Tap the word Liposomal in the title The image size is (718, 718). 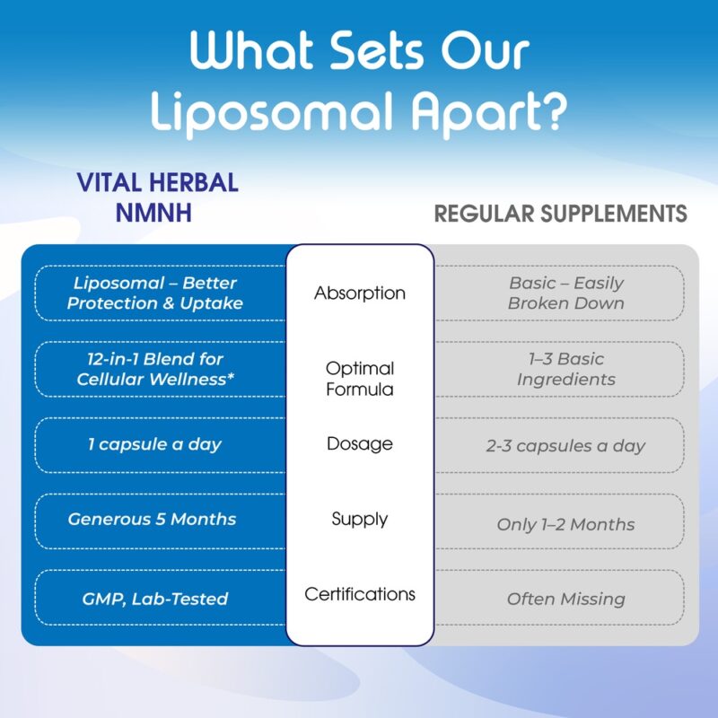[273, 113]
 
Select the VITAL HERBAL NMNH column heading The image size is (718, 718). [158, 197]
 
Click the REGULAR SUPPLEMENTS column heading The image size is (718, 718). [560, 214]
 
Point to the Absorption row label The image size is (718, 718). [360, 293]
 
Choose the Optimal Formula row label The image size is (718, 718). [360, 379]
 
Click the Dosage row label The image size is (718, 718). [360, 443]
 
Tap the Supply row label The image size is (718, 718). [360, 519]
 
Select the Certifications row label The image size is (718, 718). [360, 594]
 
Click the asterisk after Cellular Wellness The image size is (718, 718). [231, 376]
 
